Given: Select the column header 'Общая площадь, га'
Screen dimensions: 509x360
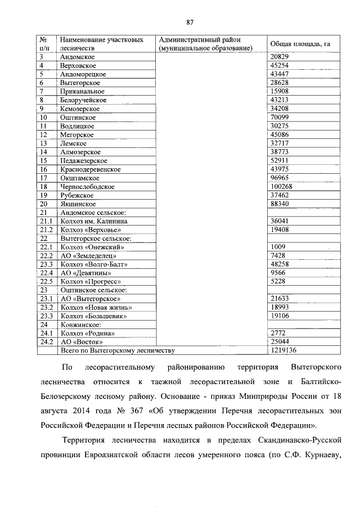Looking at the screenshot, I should [296, 44].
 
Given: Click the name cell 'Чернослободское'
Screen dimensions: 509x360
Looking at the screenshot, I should [87, 186].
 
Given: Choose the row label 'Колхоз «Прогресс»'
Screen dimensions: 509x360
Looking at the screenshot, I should [90, 281].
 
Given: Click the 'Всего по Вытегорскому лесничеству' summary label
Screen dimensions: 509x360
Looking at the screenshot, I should [117, 350].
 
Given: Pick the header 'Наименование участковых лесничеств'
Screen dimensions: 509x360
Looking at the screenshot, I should [101, 44].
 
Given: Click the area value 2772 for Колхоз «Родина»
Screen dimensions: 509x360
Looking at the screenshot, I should [278, 333].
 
